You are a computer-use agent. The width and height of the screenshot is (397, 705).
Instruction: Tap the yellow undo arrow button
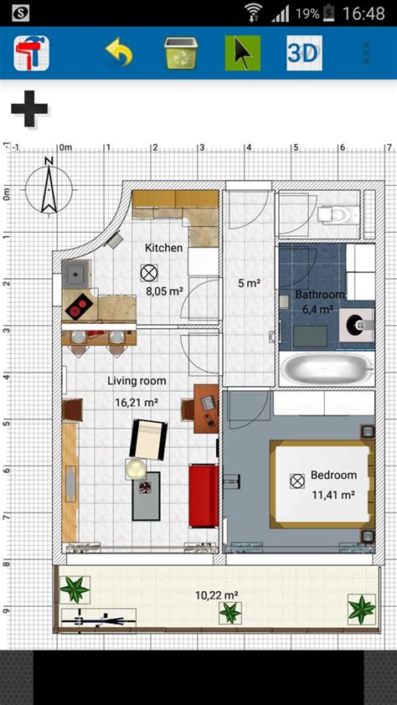pyautogui.click(x=119, y=53)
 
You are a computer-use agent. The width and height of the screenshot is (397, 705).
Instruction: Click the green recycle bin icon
pyautogui.click(x=180, y=53)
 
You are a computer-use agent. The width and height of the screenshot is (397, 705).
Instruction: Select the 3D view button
pyautogui.click(x=304, y=53)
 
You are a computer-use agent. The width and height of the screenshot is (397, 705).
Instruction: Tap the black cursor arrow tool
pyautogui.click(x=242, y=53)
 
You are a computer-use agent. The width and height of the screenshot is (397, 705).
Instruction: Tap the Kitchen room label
pyautogui.click(x=163, y=248)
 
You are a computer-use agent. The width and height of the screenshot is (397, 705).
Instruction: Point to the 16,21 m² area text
pyautogui.click(x=137, y=403)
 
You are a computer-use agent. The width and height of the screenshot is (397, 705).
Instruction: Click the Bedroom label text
pyautogui.click(x=333, y=475)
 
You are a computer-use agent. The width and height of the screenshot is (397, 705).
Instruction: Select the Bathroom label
pyautogui.click(x=319, y=295)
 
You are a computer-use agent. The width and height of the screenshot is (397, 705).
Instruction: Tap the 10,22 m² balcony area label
pyautogui.click(x=217, y=595)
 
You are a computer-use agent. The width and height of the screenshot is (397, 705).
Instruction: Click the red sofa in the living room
pyautogui.click(x=204, y=496)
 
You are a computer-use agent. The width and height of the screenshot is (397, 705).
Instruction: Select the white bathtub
pyautogui.click(x=326, y=367)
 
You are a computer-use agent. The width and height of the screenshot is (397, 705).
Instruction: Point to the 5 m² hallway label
pyautogui.click(x=249, y=283)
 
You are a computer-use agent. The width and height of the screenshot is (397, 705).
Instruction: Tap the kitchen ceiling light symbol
pyautogui.click(x=149, y=273)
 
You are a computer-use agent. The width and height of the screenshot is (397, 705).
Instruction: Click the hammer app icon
pyautogui.click(x=31, y=53)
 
